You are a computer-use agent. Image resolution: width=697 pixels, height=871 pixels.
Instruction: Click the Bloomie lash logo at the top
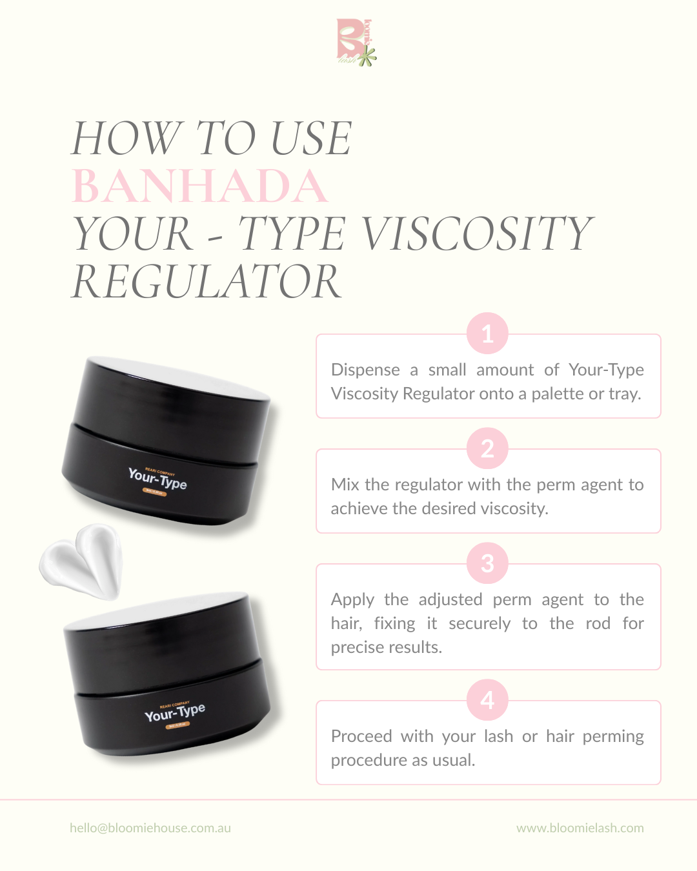tap(356, 42)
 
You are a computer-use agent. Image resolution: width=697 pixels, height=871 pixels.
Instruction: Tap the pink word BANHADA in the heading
tap(199, 186)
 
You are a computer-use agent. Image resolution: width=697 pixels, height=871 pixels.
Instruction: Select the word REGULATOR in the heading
tap(207, 282)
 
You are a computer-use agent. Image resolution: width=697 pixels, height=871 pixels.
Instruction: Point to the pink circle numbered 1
tap(487, 334)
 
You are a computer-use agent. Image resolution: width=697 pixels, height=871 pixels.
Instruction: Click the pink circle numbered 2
tap(487, 448)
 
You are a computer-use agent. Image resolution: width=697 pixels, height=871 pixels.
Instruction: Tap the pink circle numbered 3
tap(487, 563)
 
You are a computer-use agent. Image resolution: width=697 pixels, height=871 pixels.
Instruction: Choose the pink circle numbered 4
tap(487, 700)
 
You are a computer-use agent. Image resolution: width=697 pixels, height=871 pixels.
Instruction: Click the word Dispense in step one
tap(365, 370)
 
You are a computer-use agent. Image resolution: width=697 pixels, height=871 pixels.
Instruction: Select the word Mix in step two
tap(345, 485)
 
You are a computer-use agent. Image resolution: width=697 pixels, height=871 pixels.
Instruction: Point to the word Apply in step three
tap(352, 600)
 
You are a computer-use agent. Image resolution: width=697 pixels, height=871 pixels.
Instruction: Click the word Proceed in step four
tap(361, 736)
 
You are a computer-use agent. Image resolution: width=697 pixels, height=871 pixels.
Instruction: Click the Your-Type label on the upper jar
tap(157, 479)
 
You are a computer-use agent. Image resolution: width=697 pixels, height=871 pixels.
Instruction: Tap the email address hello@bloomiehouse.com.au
tap(150, 828)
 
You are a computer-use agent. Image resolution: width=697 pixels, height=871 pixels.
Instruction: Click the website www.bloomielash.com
tap(580, 828)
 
